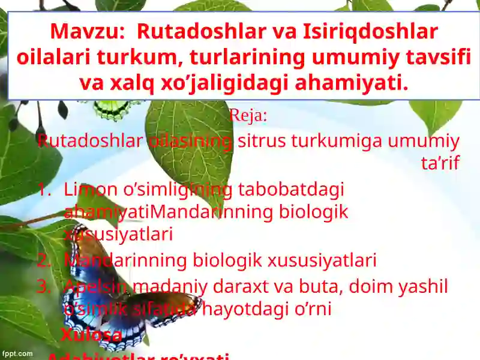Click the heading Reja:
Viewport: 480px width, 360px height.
click(248, 116)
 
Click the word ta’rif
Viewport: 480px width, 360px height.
click(440, 163)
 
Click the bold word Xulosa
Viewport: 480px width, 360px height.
click(91, 335)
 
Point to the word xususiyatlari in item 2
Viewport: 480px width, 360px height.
click(322, 261)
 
